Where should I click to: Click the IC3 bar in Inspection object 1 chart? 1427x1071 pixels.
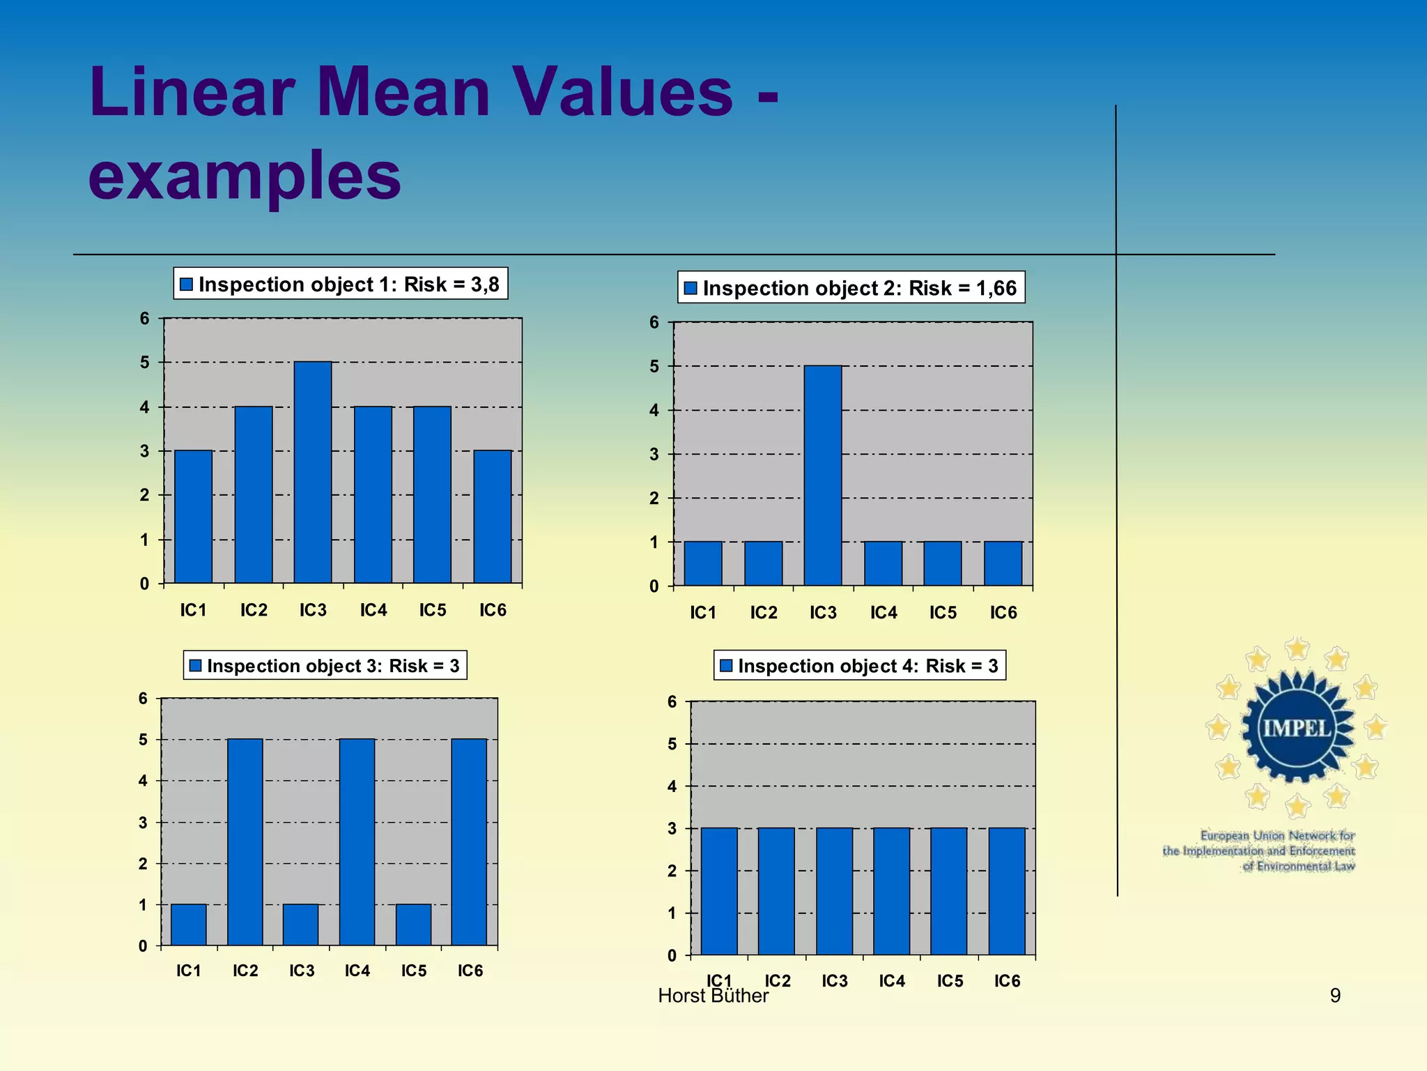click(x=313, y=472)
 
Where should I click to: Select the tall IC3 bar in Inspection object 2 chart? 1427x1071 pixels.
click(x=823, y=476)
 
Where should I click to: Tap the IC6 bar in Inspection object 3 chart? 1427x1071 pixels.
click(x=469, y=842)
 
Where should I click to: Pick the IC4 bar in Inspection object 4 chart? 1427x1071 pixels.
click(x=891, y=891)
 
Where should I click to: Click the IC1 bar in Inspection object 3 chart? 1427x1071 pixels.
click(x=188, y=925)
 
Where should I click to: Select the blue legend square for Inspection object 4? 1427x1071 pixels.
click(x=726, y=666)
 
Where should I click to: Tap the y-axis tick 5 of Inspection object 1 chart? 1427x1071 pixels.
click(x=145, y=363)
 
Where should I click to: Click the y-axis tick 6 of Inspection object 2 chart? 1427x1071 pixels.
click(x=654, y=322)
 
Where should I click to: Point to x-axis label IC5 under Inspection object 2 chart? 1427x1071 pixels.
click(x=943, y=613)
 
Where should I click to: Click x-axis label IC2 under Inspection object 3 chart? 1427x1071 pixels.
click(x=245, y=971)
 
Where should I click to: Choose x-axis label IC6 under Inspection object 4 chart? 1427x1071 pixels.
click(x=1007, y=981)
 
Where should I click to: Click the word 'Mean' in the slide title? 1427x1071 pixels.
click(x=404, y=92)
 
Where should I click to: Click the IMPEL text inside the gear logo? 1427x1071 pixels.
click(x=1297, y=729)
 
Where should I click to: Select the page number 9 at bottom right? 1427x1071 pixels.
click(x=1335, y=995)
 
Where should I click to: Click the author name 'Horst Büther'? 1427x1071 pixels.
click(x=713, y=996)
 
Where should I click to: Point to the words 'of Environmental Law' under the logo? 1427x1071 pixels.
click(x=1299, y=866)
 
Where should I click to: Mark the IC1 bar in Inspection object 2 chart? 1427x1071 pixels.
click(x=703, y=563)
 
